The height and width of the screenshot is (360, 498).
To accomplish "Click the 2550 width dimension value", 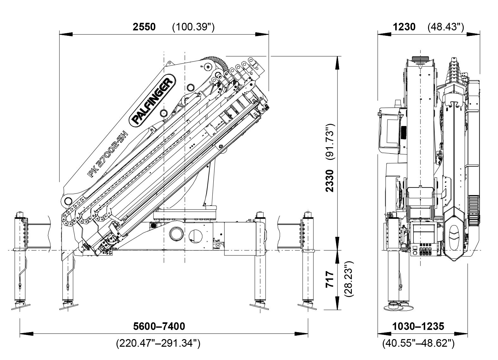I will [144, 27].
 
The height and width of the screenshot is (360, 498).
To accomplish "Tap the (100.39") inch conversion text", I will [193, 27].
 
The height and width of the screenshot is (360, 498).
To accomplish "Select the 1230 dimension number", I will [404, 27].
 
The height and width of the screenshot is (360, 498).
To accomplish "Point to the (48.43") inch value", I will [445, 27].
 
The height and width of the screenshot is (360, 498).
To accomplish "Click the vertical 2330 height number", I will [330, 180].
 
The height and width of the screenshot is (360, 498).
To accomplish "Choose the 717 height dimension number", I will [330, 279].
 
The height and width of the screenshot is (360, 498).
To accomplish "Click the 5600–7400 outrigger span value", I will [159, 326].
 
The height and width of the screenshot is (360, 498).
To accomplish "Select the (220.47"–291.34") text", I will [158, 343].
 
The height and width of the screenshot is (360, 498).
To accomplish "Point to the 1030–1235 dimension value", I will [418, 326].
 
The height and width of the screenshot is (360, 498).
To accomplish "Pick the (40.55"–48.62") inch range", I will [418, 343].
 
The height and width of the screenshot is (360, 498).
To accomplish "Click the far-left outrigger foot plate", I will [20, 306].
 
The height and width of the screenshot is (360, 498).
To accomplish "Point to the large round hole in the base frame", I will [176, 235].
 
